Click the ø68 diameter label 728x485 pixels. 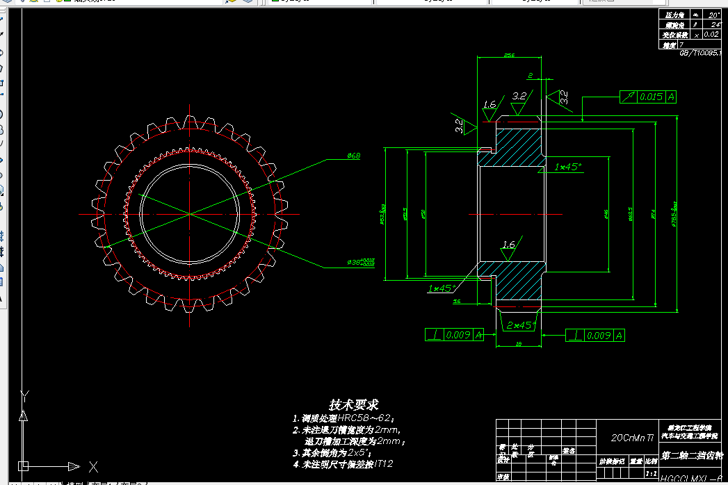tap(353, 156)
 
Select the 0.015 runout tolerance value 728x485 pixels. tap(652, 97)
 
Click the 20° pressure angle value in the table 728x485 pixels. tap(714, 15)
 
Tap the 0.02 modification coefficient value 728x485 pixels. tap(711, 34)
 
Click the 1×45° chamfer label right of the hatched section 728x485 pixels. tap(568, 167)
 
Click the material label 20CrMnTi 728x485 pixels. tap(632, 438)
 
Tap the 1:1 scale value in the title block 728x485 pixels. tap(652, 473)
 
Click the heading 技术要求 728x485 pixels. tap(354, 404)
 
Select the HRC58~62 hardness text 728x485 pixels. tap(366, 419)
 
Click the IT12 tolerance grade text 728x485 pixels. tap(391, 463)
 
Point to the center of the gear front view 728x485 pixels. tap(190, 215)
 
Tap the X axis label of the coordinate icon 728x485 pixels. tap(92, 466)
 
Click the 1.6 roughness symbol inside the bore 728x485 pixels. tap(508, 245)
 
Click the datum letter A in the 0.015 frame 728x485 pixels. tap(672, 97)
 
